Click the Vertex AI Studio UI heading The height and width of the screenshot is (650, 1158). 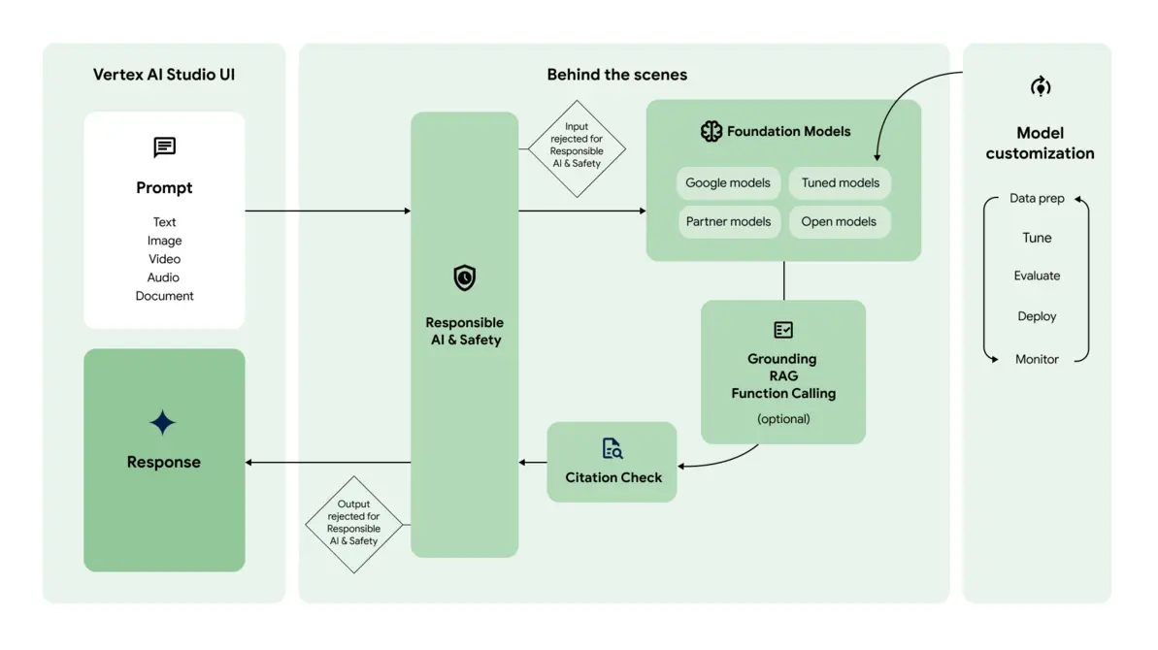point(164,75)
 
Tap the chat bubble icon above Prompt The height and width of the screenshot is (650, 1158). point(164,146)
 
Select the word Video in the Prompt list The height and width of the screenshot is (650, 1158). point(164,259)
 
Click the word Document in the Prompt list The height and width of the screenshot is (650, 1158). point(164,296)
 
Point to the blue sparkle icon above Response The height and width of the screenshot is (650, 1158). point(163,423)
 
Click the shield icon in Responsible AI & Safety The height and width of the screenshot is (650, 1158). point(465,278)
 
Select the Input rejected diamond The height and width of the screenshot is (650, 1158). point(577,148)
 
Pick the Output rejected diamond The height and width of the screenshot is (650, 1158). point(353,524)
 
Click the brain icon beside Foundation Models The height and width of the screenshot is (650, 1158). point(711,131)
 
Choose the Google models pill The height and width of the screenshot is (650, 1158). point(727,182)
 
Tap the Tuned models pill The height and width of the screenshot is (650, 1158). point(840,182)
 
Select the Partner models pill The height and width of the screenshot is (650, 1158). point(728,221)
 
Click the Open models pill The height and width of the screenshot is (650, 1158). point(839,221)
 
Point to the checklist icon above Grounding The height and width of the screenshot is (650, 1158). point(783,330)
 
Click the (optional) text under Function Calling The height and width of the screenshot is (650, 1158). point(783,419)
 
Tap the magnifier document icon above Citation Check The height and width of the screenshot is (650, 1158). point(612,448)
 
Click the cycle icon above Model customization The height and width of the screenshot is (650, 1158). point(1040,86)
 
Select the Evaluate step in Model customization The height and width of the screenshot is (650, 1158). point(1037,276)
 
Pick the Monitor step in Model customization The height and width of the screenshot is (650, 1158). point(1037,359)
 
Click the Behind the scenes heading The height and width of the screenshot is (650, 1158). point(616,75)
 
